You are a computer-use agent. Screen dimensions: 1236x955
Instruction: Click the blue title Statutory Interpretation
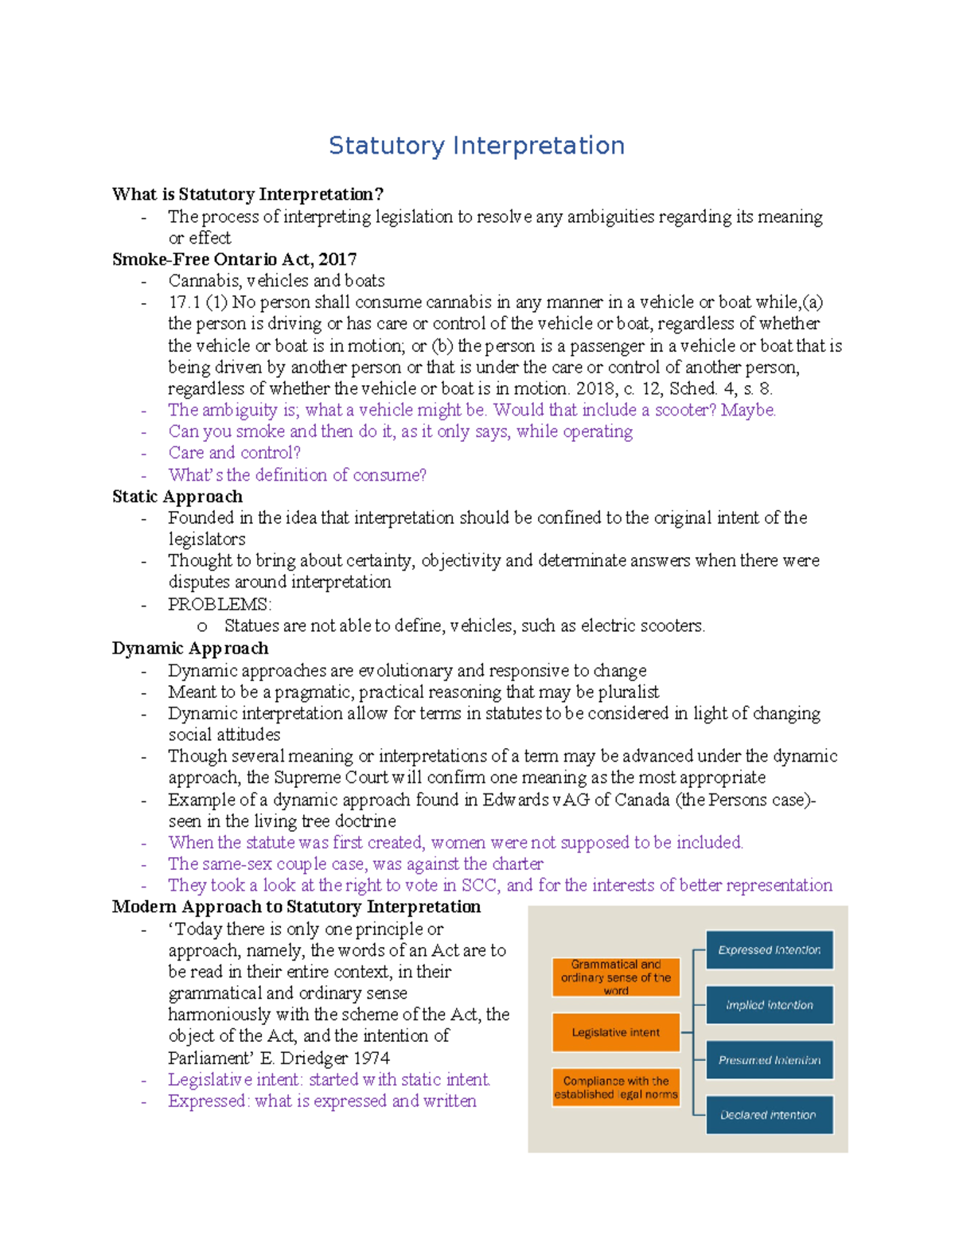coord(476,146)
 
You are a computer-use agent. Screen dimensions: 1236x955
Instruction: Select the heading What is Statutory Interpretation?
coord(248,194)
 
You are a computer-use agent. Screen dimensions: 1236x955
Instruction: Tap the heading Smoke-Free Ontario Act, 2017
coord(234,259)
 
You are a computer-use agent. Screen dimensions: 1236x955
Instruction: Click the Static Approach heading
coord(177,497)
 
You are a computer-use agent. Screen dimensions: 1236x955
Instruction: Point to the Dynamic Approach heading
coord(189,649)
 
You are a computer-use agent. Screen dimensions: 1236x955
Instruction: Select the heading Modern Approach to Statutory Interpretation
coord(296,907)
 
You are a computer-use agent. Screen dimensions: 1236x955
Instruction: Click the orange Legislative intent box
coord(616,1032)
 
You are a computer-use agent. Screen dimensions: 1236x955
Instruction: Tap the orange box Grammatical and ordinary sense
coord(616,977)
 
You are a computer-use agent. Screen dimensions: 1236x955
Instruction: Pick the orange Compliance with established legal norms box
coord(616,1087)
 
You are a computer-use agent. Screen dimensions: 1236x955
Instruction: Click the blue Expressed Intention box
coord(769,949)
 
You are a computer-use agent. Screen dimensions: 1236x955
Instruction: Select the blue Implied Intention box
coord(769,1004)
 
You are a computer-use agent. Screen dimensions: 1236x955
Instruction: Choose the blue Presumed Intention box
coord(769,1059)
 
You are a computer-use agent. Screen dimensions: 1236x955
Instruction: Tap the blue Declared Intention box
coord(769,1114)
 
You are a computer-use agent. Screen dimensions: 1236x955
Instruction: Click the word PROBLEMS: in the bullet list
coord(220,604)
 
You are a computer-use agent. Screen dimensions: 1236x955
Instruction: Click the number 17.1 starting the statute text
coord(184,302)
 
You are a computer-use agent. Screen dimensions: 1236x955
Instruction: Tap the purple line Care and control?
coord(234,453)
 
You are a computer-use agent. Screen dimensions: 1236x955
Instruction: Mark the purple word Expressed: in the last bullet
coord(209,1101)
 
